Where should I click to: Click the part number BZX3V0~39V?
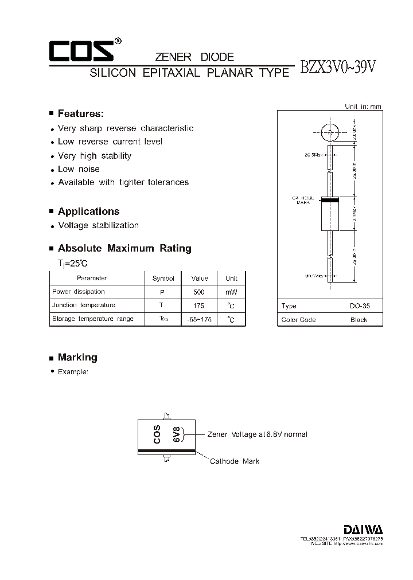(x=338, y=67)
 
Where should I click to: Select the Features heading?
(x=80, y=113)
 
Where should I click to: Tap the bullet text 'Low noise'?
(x=79, y=169)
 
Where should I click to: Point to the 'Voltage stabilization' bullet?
(x=98, y=225)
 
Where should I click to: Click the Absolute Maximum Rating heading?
(x=124, y=248)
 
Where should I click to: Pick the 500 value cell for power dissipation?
(x=200, y=292)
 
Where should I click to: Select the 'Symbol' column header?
(x=163, y=279)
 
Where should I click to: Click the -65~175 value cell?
(x=200, y=319)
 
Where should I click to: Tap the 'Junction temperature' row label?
(x=84, y=305)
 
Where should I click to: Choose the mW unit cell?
(x=231, y=292)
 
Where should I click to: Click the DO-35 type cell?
(x=360, y=306)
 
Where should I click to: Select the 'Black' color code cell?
(x=359, y=320)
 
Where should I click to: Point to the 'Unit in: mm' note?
(x=363, y=107)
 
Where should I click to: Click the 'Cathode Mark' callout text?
(x=234, y=461)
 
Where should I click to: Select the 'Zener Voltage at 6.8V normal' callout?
(x=257, y=434)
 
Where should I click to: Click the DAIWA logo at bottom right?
(x=364, y=529)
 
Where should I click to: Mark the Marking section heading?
(x=77, y=357)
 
